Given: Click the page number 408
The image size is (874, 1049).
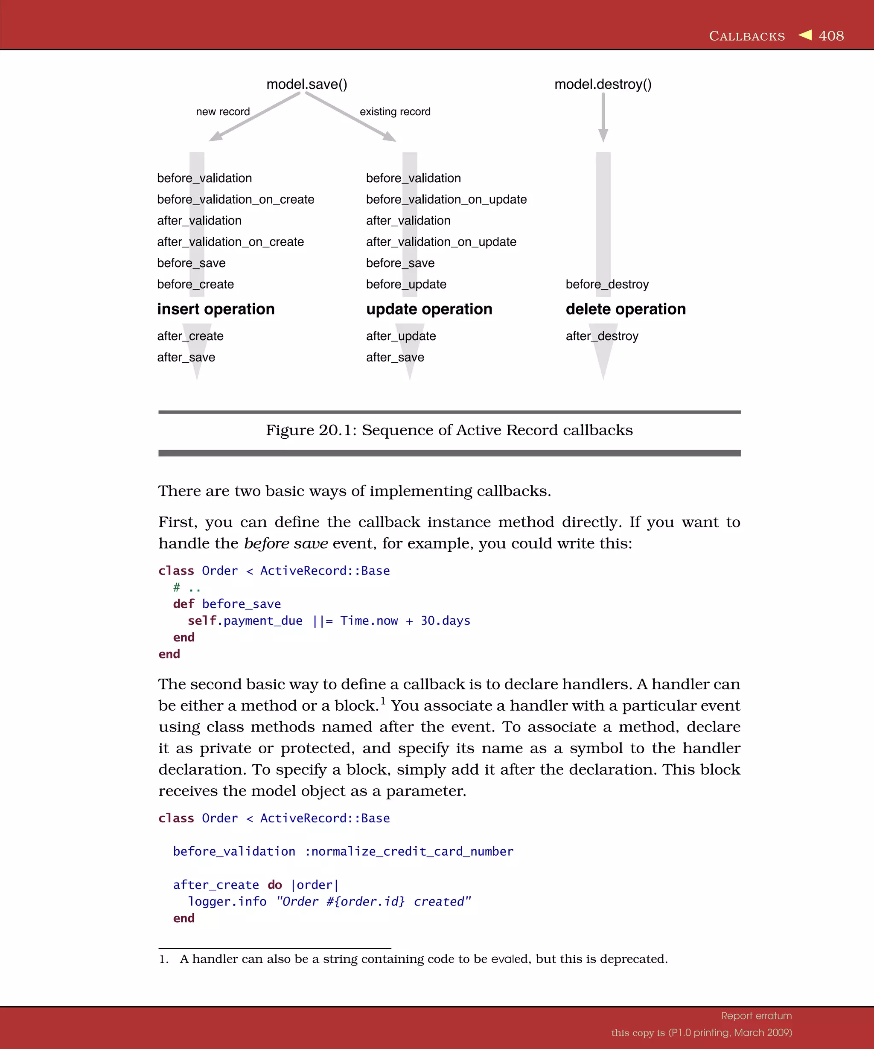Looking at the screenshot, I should (831, 36).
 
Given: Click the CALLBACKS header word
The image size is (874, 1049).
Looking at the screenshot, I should (747, 36).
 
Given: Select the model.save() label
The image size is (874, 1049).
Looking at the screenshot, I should (307, 84).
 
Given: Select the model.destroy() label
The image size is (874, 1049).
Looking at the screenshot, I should (603, 84).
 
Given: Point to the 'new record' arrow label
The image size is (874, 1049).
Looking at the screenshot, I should (223, 111).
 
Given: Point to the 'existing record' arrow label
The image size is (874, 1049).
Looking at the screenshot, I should (395, 111).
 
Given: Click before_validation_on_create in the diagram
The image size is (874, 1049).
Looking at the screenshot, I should (236, 199).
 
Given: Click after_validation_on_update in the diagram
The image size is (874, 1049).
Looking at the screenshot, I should (441, 242).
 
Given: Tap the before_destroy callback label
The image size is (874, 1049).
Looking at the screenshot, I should (607, 284).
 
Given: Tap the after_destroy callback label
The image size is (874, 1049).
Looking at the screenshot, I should (602, 336).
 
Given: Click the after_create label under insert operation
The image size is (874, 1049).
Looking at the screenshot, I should (190, 336).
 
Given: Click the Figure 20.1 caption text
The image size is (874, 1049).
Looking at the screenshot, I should (449, 430).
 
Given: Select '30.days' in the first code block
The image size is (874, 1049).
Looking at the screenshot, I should (445, 621).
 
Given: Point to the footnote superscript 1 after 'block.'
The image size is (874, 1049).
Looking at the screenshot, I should (383, 700).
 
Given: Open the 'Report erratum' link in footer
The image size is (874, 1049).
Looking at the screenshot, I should (756, 1016).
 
